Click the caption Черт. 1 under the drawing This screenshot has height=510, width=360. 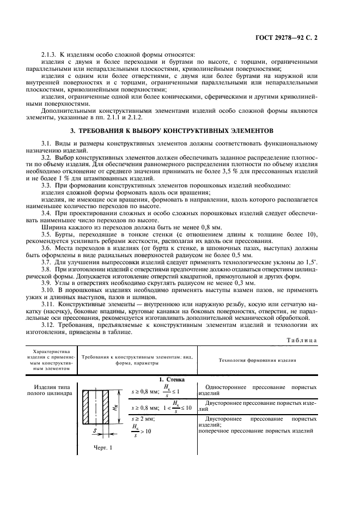coord(102,447)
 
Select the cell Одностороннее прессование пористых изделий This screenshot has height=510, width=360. coord(257,390)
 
